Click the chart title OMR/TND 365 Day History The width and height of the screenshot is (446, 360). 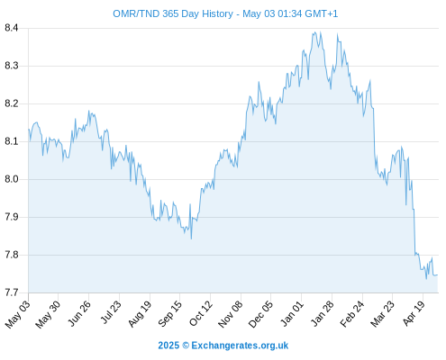[173, 13]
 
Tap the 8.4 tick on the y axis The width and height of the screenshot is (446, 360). [11, 28]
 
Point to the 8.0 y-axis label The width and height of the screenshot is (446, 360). [11, 179]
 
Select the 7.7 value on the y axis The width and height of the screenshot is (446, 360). [11, 292]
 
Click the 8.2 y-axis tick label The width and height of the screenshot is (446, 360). [11, 103]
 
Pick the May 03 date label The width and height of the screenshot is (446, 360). [18, 314]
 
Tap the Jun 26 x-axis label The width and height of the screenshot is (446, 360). [79, 313]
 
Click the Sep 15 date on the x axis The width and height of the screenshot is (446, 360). [170, 313]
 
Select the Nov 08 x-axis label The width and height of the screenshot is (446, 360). [231, 314]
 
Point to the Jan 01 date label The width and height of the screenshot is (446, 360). [292, 313]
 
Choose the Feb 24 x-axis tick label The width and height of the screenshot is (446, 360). [352, 313]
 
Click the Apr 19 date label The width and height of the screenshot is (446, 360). [414, 313]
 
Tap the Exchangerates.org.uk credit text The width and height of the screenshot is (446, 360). [240, 346]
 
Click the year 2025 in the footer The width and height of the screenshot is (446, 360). [168, 346]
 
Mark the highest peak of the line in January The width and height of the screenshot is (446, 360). [314, 31]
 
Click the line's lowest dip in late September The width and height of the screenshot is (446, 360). [191, 238]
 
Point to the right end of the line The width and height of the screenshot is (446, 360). [438, 274]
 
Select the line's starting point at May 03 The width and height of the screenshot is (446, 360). [29, 130]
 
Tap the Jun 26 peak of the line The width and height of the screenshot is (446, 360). [88, 111]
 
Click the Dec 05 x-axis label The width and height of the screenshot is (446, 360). [260, 314]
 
